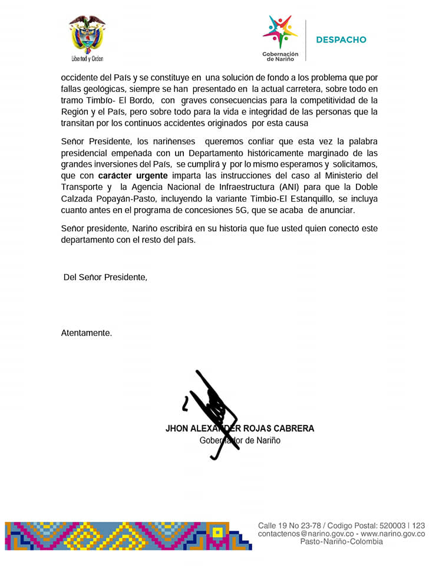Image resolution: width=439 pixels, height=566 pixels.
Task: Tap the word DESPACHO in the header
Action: click(x=341, y=40)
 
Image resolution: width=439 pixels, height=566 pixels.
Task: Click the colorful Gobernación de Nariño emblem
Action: click(x=280, y=32)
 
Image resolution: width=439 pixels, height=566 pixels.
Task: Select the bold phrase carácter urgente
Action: click(x=133, y=176)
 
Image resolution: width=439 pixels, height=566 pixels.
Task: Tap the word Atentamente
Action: click(x=86, y=333)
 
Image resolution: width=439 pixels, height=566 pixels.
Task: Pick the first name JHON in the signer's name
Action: click(x=177, y=429)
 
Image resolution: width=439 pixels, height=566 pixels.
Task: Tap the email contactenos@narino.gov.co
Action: click(x=304, y=534)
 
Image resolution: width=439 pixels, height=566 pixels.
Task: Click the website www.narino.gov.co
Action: click(x=392, y=534)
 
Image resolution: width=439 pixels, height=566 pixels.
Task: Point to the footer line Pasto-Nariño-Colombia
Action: click(x=341, y=542)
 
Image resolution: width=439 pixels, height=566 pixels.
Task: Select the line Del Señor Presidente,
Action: click(x=105, y=277)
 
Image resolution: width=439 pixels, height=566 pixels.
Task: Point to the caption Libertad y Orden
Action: click(x=87, y=59)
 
